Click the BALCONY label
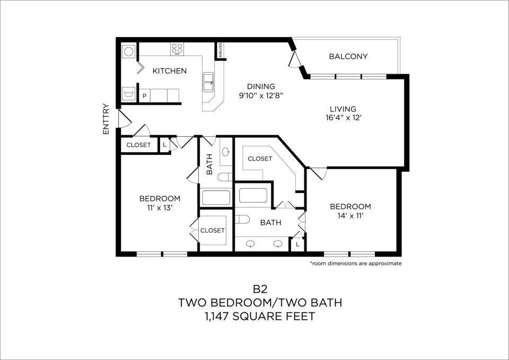tap(348, 57)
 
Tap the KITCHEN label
tap(170, 71)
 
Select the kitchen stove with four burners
tap(177, 49)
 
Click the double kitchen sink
tap(208, 82)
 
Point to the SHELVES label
tap(220, 50)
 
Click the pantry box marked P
tap(144, 96)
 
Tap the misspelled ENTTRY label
tap(106, 119)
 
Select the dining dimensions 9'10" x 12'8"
tap(261, 96)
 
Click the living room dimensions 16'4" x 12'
tap(343, 118)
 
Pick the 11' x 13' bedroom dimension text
tap(160, 208)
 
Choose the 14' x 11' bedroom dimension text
tap(350, 215)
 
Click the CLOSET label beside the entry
tap(138, 145)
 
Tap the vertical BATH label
tap(209, 164)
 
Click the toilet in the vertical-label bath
tap(225, 177)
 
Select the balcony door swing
tap(295, 59)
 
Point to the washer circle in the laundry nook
tap(128, 51)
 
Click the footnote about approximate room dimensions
tap(356, 264)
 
